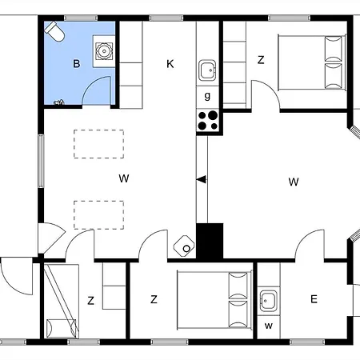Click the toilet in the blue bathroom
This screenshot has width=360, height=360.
click(54, 31)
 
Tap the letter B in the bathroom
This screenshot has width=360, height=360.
click(77, 64)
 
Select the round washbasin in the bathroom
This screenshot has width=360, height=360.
click(104, 50)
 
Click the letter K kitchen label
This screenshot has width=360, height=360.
click(170, 64)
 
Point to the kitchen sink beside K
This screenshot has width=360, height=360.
click(207, 70)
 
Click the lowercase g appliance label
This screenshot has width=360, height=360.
click(207, 95)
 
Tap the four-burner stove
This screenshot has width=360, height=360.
click(208, 121)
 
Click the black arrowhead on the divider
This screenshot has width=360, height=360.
click(202, 179)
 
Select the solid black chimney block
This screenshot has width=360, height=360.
click(210, 241)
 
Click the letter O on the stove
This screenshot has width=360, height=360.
click(186, 249)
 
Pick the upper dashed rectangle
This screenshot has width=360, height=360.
click(98, 144)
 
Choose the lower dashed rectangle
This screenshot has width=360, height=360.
click(98, 215)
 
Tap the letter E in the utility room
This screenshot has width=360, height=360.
click(314, 299)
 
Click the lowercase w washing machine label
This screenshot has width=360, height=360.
click(269, 326)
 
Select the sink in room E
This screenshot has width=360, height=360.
click(268, 301)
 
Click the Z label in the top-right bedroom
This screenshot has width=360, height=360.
click(261, 60)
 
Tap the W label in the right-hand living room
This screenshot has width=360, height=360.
click(294, 182)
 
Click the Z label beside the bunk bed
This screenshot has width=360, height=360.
click(90, 301)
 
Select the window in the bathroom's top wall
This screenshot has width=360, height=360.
click(81, 18)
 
